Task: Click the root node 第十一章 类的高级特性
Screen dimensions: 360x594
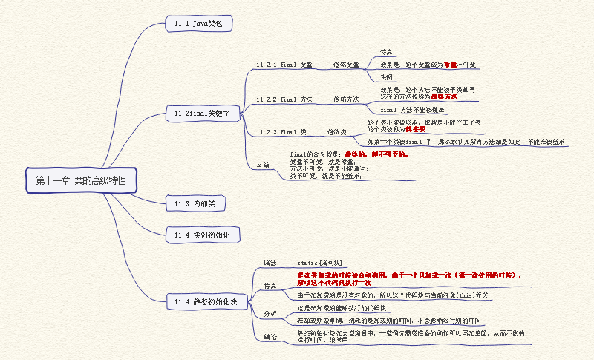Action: [81, 180]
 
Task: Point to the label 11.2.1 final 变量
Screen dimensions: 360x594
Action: [284, 65]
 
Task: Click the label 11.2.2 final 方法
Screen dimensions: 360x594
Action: [284, 99]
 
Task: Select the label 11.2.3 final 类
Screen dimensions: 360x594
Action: [281, 131]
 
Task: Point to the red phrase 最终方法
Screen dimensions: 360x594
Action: [444, 96]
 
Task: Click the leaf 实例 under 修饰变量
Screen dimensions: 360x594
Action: [386, 77]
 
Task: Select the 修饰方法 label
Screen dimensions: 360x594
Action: [345, 99]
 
